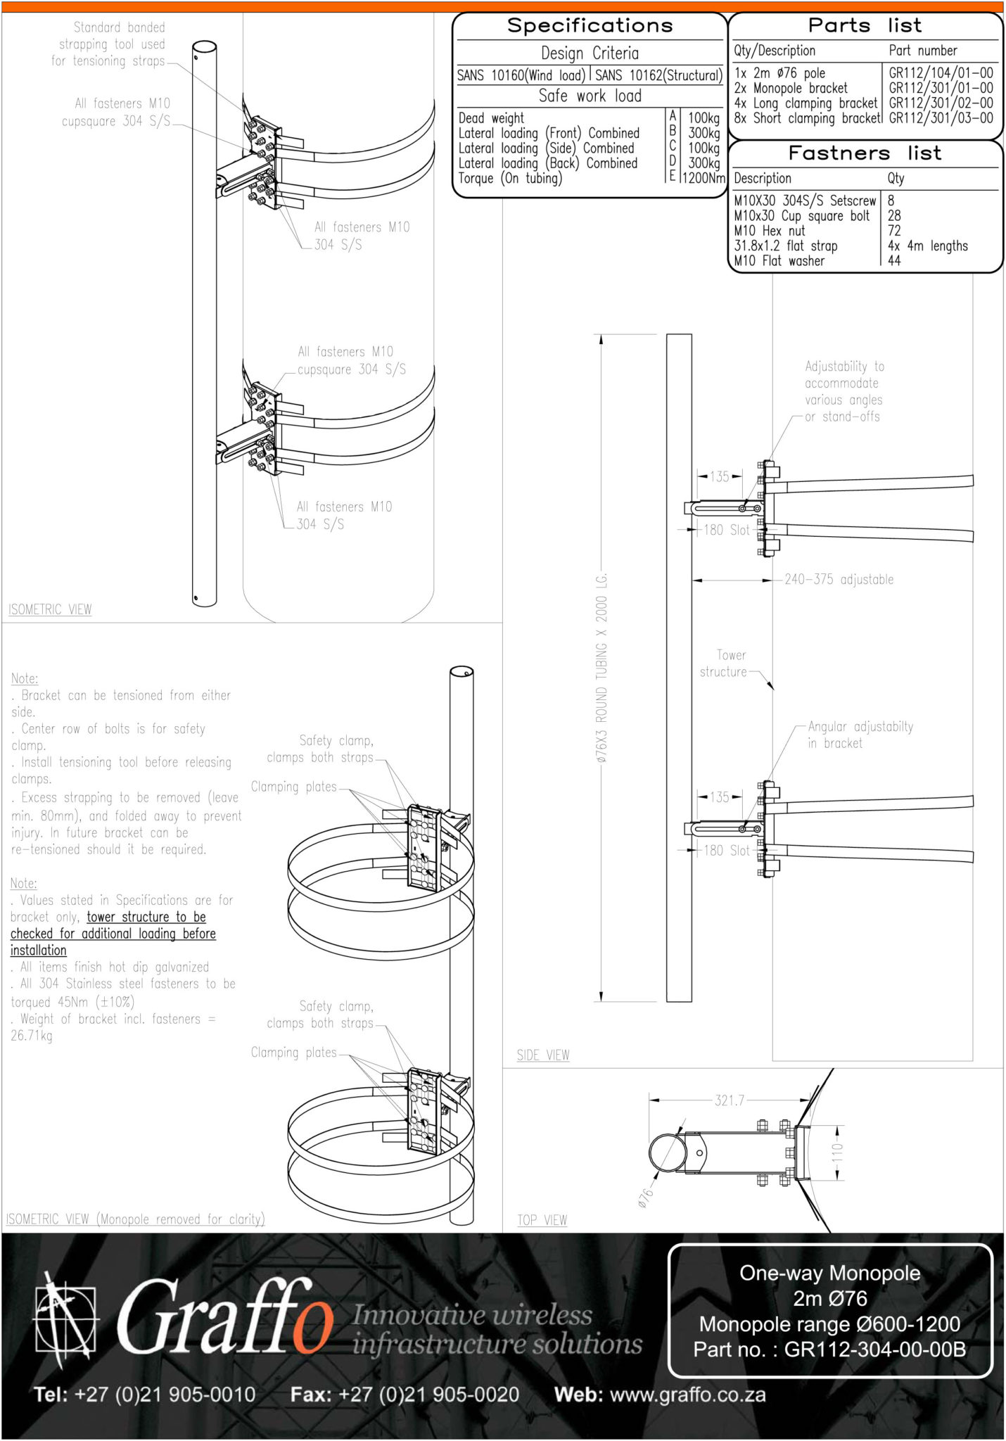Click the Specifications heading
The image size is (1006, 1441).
tap(590, 26)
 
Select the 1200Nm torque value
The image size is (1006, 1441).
tap(703, 178)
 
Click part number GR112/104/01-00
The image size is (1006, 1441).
tap(941, 73)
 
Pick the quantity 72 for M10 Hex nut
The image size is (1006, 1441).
tap(894, 231)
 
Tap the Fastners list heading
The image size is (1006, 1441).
tap(864, 153)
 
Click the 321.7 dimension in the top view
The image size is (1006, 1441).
tap(729, 1100)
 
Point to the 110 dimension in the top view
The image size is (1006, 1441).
tap(837, 1153)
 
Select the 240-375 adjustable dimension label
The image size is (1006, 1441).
tap(839, 580)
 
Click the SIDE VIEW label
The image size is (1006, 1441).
tap(543, 1055)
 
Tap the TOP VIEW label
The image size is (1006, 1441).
tap(542, 1220)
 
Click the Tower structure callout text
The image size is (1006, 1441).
tap(724, 664)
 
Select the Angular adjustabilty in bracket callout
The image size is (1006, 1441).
tap(860, 735)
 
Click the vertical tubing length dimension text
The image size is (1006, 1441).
tap(601, 668)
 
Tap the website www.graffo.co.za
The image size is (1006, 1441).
tap(687, 1395)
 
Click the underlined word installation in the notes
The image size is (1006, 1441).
tap(39, 951)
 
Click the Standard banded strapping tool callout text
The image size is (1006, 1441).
tap(109, 44)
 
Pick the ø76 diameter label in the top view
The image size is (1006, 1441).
tap(645, 1198)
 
